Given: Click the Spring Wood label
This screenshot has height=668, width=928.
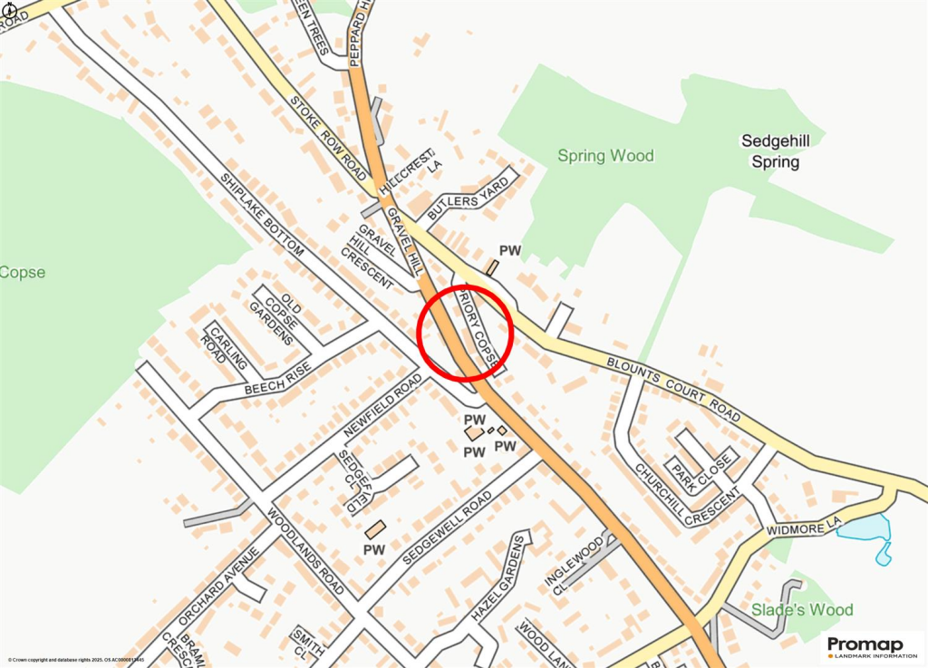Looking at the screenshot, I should coord(605,156).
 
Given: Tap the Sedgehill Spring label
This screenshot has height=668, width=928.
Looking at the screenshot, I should coord(769,151).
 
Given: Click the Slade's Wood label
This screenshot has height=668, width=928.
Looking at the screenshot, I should coord(802,610).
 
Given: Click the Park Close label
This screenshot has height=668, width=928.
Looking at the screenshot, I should coord(700,465).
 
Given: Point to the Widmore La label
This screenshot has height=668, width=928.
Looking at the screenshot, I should coord(804,525).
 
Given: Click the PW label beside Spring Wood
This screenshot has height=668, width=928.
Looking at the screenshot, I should coord(510,250).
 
